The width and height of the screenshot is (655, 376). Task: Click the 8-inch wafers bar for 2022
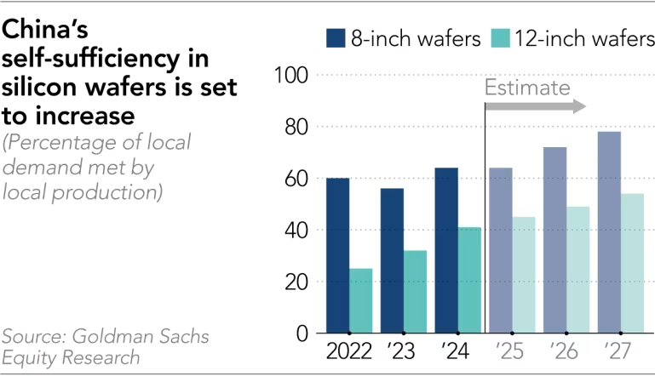337,255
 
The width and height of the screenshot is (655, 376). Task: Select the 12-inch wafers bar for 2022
361,301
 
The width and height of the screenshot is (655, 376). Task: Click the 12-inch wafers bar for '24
470,280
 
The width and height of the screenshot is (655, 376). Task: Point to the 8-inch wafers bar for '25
501,250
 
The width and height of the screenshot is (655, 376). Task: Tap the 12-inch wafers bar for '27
633,263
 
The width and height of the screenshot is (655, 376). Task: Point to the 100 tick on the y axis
290,75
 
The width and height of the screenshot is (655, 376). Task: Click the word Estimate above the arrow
527,88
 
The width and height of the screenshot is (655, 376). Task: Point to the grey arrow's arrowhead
579,105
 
